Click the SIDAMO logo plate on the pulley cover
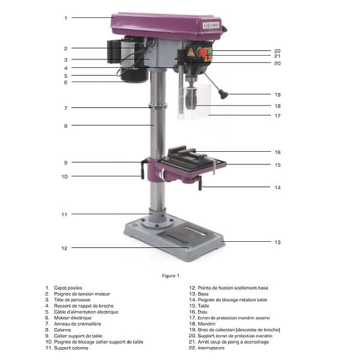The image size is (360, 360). pyautogui.click(x=211, y=25)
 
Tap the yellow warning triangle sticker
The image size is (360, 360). pyautogui.click(x=191, y=53)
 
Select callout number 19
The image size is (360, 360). pyautogui.click(x=278, y=95)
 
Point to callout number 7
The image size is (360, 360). pyautogui.click(x=65, y=108)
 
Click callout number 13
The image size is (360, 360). pyautogui.click(x=278, y=242)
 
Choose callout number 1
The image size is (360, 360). pyautogui.click(x=66, y=18)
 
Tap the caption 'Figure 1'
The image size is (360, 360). pyautogui.click(x=170, y=276)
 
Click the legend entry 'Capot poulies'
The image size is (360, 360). pyautogui.click(x=68, y=287)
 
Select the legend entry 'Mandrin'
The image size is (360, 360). pyautogui.click(x=206, y=324)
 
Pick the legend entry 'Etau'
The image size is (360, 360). pyautogui.click(x=202, y=312)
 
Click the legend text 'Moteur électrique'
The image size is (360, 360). pyautogui.click(x=73, y=318)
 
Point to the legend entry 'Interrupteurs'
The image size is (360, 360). pyautogui.click(x=211, y=348)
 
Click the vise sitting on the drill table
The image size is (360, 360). pyautogui.click(x=188, y=155)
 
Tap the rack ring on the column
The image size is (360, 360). pyautogui.click(x=157, y=107)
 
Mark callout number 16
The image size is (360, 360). pyautogui.click(x=278, y=152)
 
